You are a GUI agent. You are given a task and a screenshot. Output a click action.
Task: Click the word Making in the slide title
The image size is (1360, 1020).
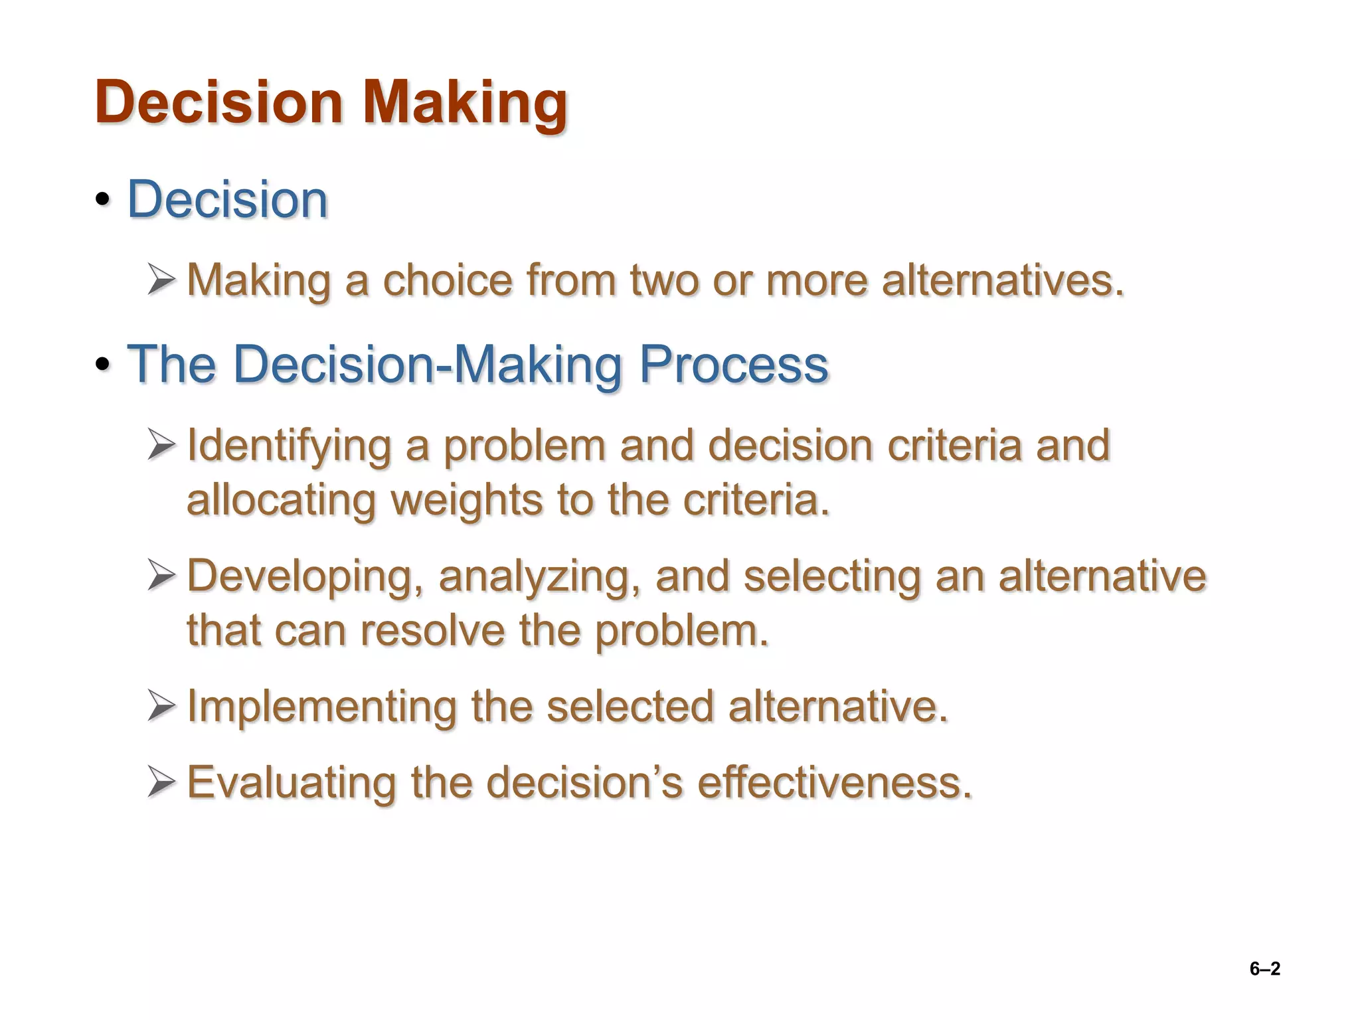pyautogui.click(x=465, y=103)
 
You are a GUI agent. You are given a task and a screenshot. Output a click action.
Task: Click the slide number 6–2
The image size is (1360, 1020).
pyautogui.click(x=1264, y=969)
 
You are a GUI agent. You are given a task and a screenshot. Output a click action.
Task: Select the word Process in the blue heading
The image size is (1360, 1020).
pyautogui.click(x=733, y=365)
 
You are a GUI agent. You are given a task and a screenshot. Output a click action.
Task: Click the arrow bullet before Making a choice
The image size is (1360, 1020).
pyautogui.click(x=161, y=280)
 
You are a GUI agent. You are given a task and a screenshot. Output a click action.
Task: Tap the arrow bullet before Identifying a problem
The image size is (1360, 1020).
pyautogui.click(x=161, y=444)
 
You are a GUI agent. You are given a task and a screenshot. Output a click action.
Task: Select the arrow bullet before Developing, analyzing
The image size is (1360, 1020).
pyautogui.click(x=161, y=575)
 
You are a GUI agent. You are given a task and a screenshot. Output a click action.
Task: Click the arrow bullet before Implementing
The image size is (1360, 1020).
pyautogui.click(x=161, y=705)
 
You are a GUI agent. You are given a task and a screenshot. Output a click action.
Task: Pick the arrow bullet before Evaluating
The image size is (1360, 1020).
pyautogui.click(x=161, y=782)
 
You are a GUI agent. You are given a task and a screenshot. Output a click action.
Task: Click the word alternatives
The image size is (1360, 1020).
pyautogui.click(x=1003, y=280)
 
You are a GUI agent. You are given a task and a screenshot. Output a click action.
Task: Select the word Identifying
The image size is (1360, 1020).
pyautogui.click(x=289, y=446)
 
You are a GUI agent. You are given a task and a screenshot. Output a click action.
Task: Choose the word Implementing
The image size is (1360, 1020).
pyautogui.click(x=322, y=707)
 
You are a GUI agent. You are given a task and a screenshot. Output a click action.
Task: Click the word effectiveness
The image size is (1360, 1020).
pyautogui.click(x=834, y=782)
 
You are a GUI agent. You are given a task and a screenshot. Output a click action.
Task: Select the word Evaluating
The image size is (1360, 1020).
pyautogui.click(x=292, y=782)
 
